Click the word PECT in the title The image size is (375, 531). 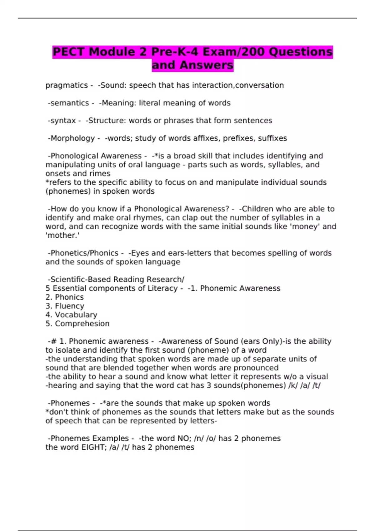(68, 52)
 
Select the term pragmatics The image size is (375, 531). (67, 85)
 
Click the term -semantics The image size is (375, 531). (68, 103)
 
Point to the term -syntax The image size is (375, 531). (62, 121)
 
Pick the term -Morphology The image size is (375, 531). (71, 138)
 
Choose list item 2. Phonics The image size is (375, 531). (65, 297)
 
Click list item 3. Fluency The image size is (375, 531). (65, 306)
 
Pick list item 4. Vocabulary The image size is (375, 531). (71, 315)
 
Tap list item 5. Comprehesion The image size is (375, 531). (77, 324)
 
